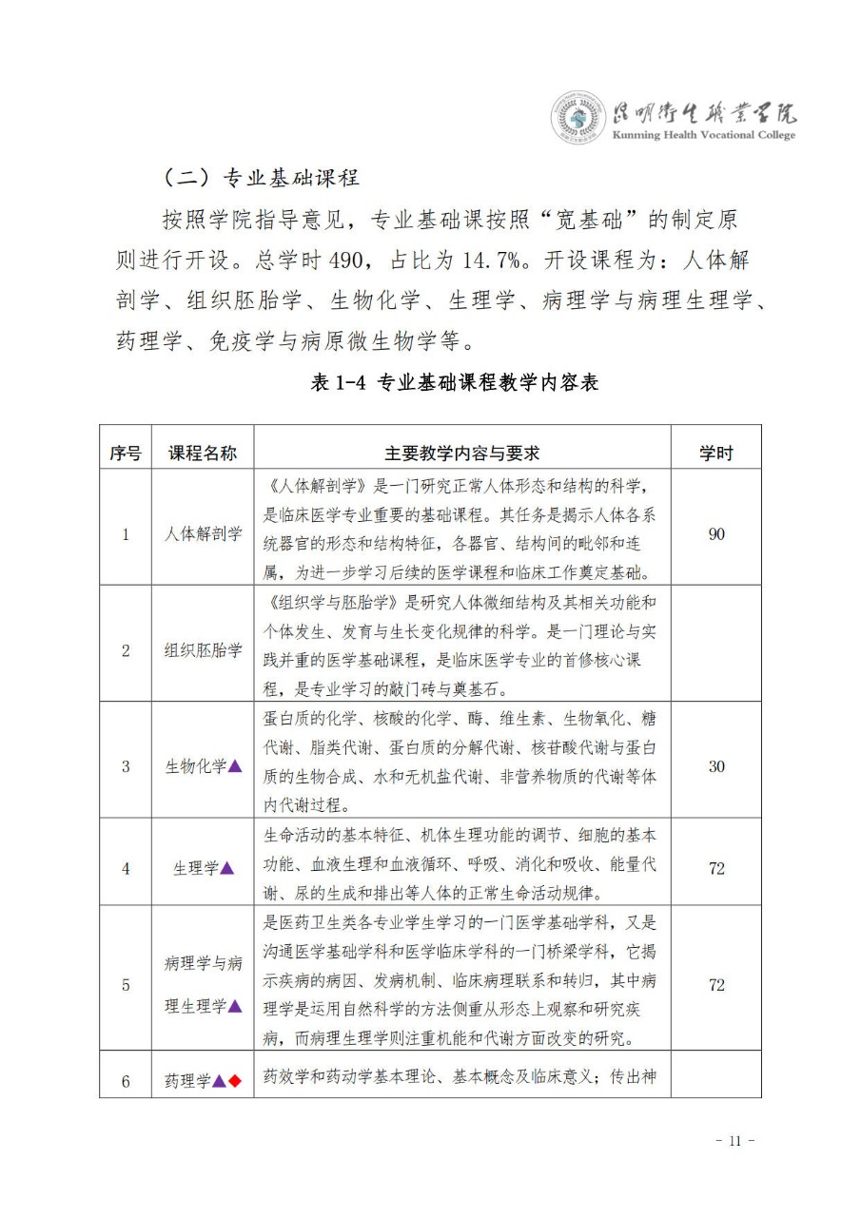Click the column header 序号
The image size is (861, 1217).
pos(125,454)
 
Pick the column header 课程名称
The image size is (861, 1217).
pos(203,454)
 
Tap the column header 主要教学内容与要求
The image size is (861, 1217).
pos(462,454)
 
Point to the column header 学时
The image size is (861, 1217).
pos(716,454)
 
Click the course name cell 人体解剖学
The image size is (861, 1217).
pos(203,534)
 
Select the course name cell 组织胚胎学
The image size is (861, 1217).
pos(203,651)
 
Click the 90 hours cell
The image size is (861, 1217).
pos(716,534)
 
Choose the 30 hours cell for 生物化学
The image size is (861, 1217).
pos(716,766)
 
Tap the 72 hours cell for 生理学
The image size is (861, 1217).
pos(716,868)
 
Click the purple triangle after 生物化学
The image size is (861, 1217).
pos(235,766)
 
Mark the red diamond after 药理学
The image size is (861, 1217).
pos(235,1080)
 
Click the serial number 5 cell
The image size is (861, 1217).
pos(125,985)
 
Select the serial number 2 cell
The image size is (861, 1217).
pos(125,651)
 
